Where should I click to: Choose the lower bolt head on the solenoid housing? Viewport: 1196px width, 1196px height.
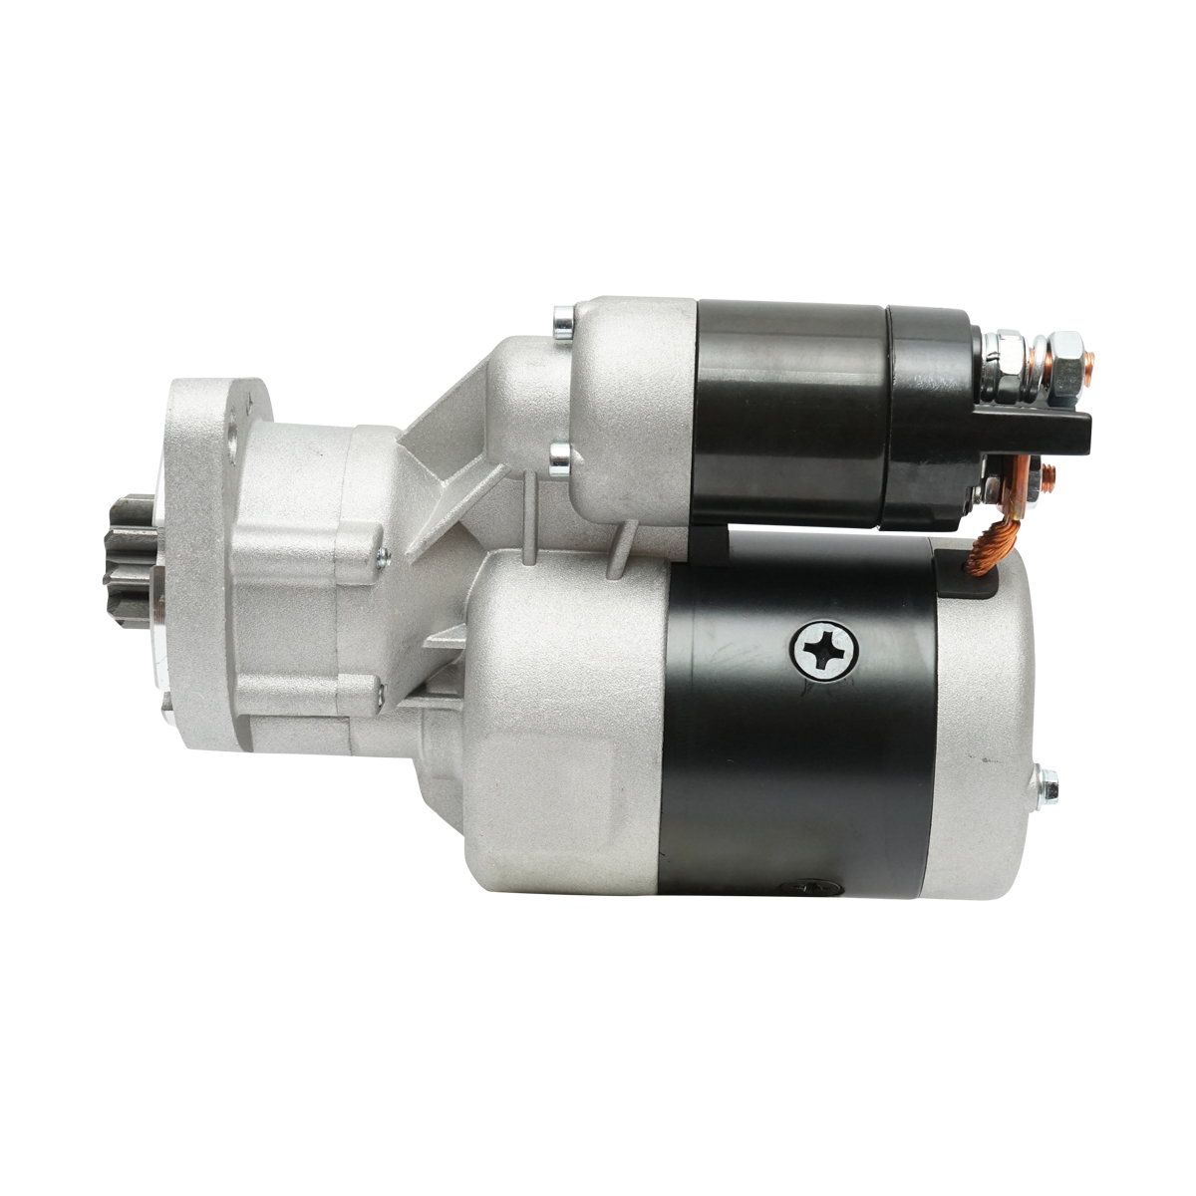[x=561, y=460]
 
